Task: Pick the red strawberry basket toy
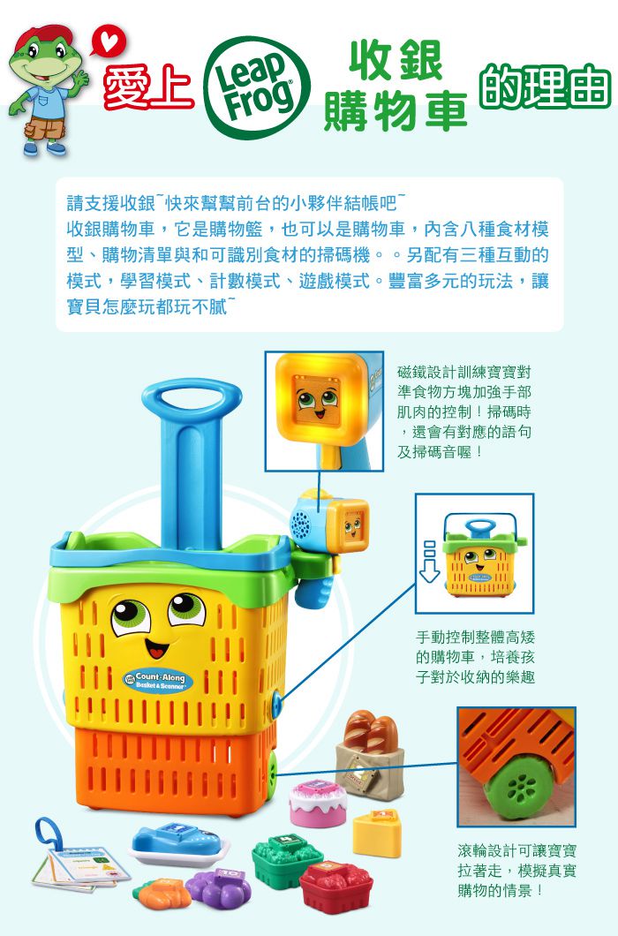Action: tap(335, 886)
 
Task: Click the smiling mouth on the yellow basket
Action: tap(156, 647)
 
